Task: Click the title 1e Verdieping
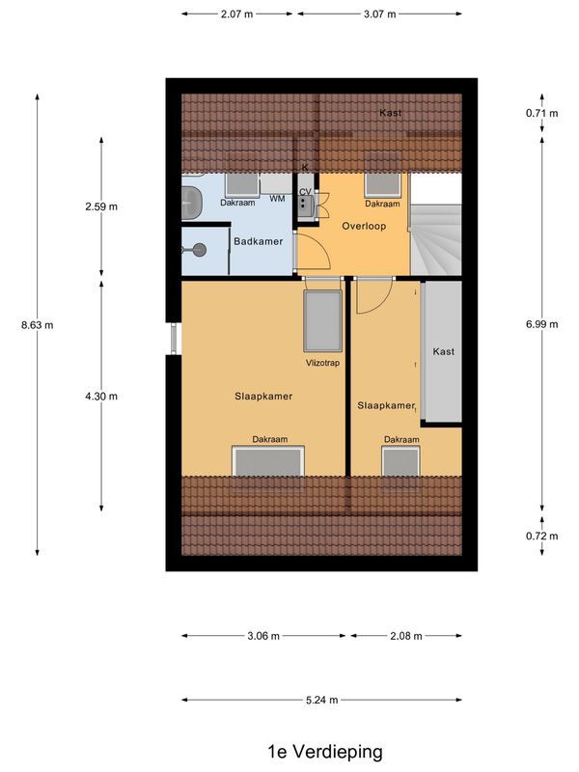coord(325,751)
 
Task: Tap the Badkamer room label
coord(259,241)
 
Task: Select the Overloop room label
coord(363,225)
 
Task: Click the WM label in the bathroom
coord(277,199)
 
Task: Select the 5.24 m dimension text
coord(321,701)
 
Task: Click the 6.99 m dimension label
coord(541,324)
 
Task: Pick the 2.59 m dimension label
coord(101,207)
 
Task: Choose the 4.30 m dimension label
coord(101,396)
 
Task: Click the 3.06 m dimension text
coord(263,636)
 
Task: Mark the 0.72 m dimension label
coord(541,536)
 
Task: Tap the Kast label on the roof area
coord(390,113)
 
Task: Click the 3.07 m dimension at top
coord(379,14)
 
